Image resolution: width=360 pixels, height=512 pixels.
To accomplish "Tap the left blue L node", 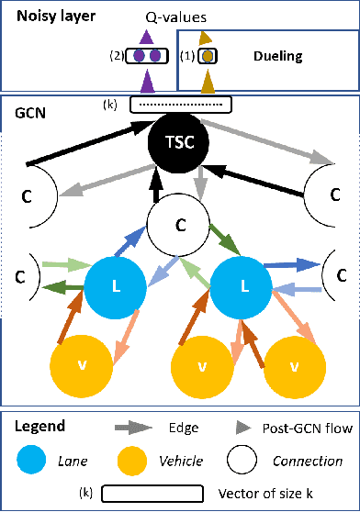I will [x=115, y=287].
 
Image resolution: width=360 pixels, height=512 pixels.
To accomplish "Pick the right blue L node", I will [x=243, y=287].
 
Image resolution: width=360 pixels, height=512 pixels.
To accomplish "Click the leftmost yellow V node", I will [x=83, y=366].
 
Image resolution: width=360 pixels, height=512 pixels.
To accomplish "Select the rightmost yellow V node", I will [x=294, y=366].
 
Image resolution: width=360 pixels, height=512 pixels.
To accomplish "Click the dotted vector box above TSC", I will [x=180, y=105].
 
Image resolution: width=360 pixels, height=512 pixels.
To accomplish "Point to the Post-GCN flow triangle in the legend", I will [x=242, y=429].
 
